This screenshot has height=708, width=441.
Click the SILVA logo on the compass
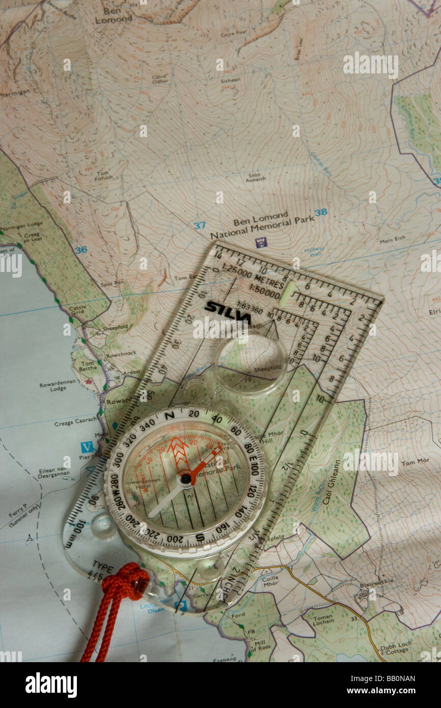coord(227,312)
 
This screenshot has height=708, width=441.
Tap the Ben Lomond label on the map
coord(114,15)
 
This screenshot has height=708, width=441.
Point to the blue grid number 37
coord(199,225)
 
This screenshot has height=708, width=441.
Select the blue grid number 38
coord(320,212)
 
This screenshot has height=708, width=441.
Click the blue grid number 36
coord(80,250)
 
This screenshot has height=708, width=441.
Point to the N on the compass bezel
coord(170,416)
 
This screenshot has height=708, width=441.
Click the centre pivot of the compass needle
coord(186,478)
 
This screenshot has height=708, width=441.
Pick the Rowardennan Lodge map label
coord(58,385)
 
